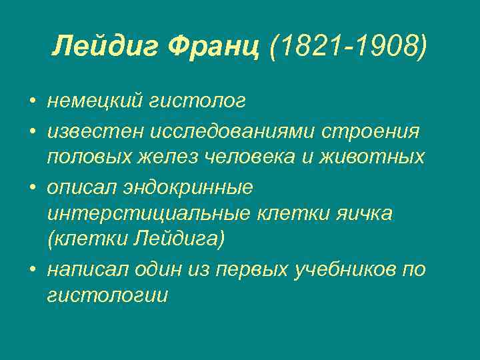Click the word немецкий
[x=95, y=101]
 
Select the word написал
[x=85, y=269]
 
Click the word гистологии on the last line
[x=107, y=296]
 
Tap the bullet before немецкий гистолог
[x=31, y=102]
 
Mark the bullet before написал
[x=31, y=269]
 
